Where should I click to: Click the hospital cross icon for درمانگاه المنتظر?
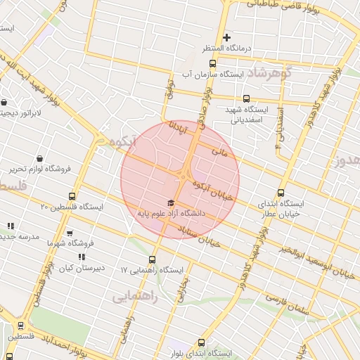point(226,37)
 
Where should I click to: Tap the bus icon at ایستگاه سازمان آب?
point(213,64)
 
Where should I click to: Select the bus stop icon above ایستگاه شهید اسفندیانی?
point(246,99)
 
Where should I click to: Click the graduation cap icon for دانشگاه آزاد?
point(170,202)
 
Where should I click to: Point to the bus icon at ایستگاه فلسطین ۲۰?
point(72,196)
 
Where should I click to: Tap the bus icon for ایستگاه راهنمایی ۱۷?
point(153,259)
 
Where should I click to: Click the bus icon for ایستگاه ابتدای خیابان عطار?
point(282,193)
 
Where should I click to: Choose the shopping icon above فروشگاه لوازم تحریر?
point(39,158)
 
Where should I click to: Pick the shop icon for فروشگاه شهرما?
point(69,233)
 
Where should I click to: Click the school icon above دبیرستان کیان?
point(82,258)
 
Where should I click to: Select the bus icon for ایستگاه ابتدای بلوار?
point(202,342)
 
